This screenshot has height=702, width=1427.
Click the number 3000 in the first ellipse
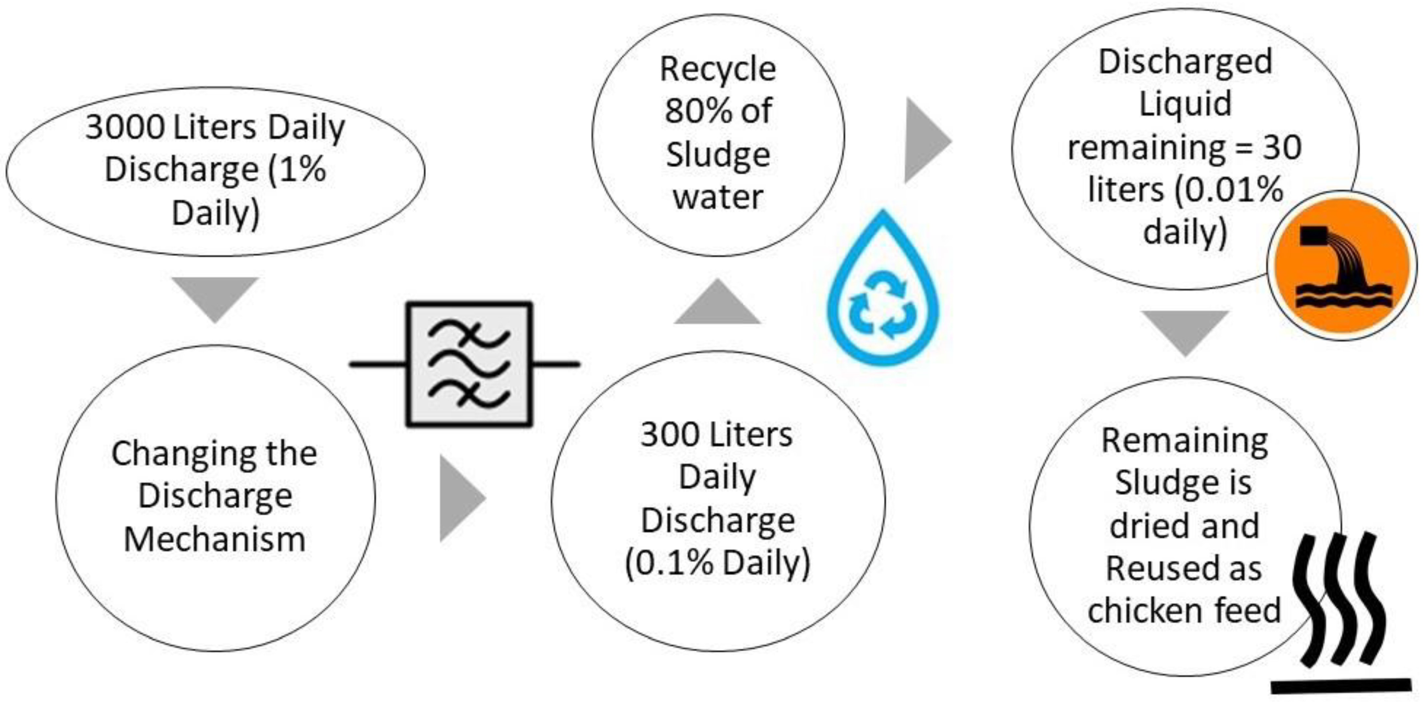(125, 127)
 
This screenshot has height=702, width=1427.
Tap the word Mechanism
(214, 539)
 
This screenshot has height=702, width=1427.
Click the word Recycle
(717, 69)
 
